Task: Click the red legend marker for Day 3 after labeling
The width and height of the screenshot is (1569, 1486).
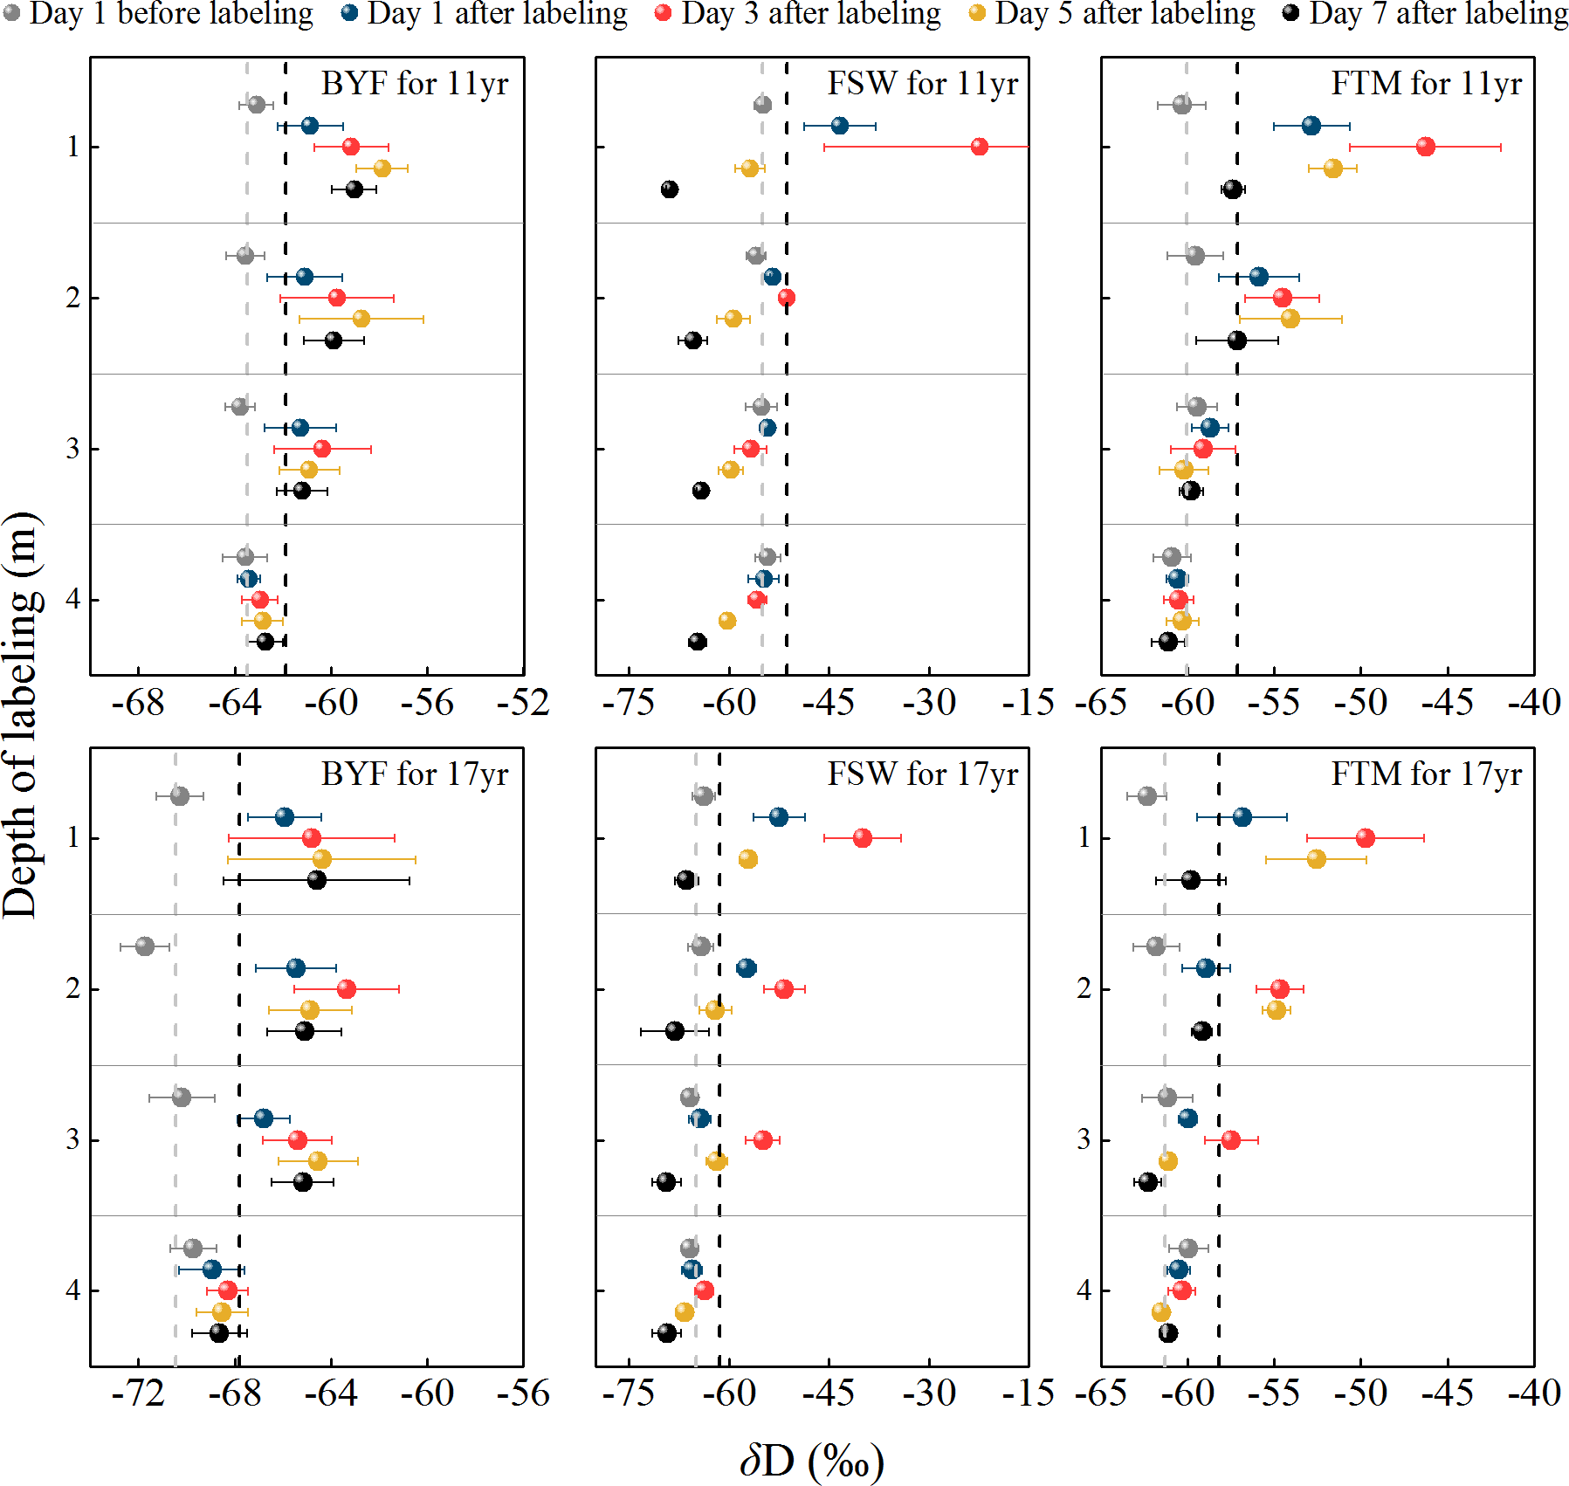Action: point(664,13)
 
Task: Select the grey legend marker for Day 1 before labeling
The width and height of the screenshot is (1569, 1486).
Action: point(11,13)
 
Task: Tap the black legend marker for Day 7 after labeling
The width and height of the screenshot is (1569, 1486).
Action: point(1290,13)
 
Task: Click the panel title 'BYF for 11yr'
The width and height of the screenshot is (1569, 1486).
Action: point(415,84)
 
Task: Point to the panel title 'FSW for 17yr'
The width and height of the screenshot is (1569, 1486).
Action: point(922,774)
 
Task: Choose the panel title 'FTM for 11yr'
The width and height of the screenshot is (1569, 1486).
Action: point(1426,84)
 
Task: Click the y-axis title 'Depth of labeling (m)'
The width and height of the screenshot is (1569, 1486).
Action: point(21,715)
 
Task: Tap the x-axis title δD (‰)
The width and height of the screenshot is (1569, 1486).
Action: point(811,1460)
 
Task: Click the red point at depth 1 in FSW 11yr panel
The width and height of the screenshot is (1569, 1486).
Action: point(979,147)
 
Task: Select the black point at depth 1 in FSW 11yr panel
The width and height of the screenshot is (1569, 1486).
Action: point(670,189)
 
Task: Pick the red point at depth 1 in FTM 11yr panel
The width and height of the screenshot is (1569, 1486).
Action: point(1425,147)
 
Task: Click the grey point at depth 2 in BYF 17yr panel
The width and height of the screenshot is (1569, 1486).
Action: point(145,946)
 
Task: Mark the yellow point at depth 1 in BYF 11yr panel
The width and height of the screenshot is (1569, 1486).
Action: point(382,168)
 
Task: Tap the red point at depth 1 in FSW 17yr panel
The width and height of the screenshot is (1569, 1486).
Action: point(863,838)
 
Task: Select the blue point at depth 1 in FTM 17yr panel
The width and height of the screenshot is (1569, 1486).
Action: point(1242,817)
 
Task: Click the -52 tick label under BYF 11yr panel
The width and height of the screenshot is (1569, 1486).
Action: point(523,703)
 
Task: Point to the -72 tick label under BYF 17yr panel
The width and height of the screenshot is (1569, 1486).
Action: point(138,1393)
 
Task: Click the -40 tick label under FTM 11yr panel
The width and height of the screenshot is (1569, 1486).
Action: point(1534,703)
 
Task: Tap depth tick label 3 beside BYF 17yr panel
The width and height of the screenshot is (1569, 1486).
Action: point(72,1139)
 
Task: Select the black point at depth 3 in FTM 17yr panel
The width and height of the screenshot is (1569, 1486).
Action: point(1148,1182)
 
